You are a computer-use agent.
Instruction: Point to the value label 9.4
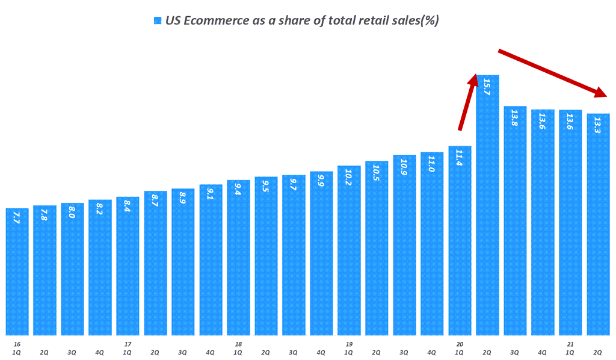239,197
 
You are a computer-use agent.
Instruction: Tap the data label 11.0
432,164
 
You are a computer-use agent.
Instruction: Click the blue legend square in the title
158,20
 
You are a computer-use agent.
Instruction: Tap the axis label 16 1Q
17,347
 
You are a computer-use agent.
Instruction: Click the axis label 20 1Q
460,347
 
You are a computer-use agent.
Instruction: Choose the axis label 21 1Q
570,347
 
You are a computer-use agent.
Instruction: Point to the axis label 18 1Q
239,347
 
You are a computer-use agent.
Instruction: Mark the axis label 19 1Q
349,347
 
